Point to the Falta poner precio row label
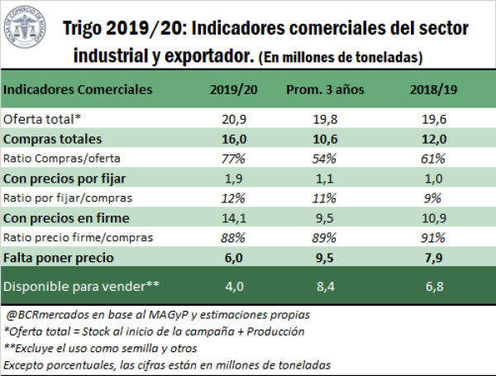(55, 259)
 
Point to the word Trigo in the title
(89, 30)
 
